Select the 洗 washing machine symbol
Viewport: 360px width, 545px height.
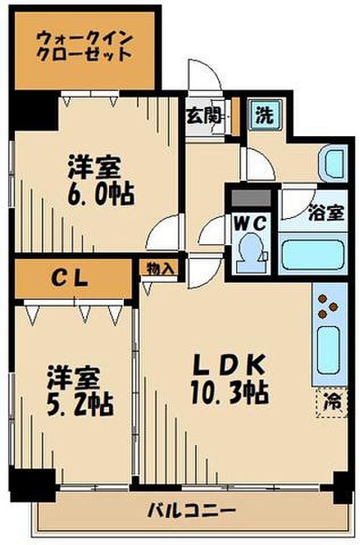pos(263,116)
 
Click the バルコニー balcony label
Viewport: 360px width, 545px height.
pos(192,509)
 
